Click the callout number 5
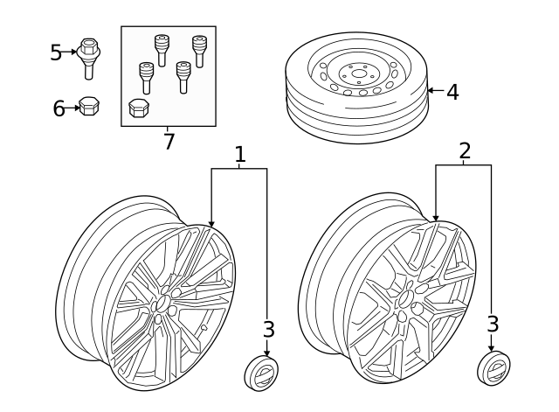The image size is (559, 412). pos(56,52)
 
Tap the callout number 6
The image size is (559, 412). pos(59,108)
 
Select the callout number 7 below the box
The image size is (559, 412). pos(169,142)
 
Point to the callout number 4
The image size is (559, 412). pos(452,92)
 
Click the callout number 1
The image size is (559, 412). pos(240,154)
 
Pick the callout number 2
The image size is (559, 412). pos(465,150)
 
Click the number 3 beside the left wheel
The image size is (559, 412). pos(269,329)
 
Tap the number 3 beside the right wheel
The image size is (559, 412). pos(493,325)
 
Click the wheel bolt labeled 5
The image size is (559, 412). pos(88,59)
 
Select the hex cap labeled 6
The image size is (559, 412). pos(89,105)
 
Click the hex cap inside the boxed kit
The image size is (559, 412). pos(139,108)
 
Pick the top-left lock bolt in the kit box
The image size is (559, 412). pos(162,51)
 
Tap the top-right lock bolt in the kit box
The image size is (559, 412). pos(200,51)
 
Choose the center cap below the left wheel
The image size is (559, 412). pos(261,372)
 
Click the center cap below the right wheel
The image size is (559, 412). pos(493,367)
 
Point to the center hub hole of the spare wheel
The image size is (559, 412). pos(357,73)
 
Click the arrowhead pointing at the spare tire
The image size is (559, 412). pos(431,90)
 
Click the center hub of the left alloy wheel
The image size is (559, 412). pos(162,303)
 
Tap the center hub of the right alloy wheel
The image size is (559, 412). pos(404,297)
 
